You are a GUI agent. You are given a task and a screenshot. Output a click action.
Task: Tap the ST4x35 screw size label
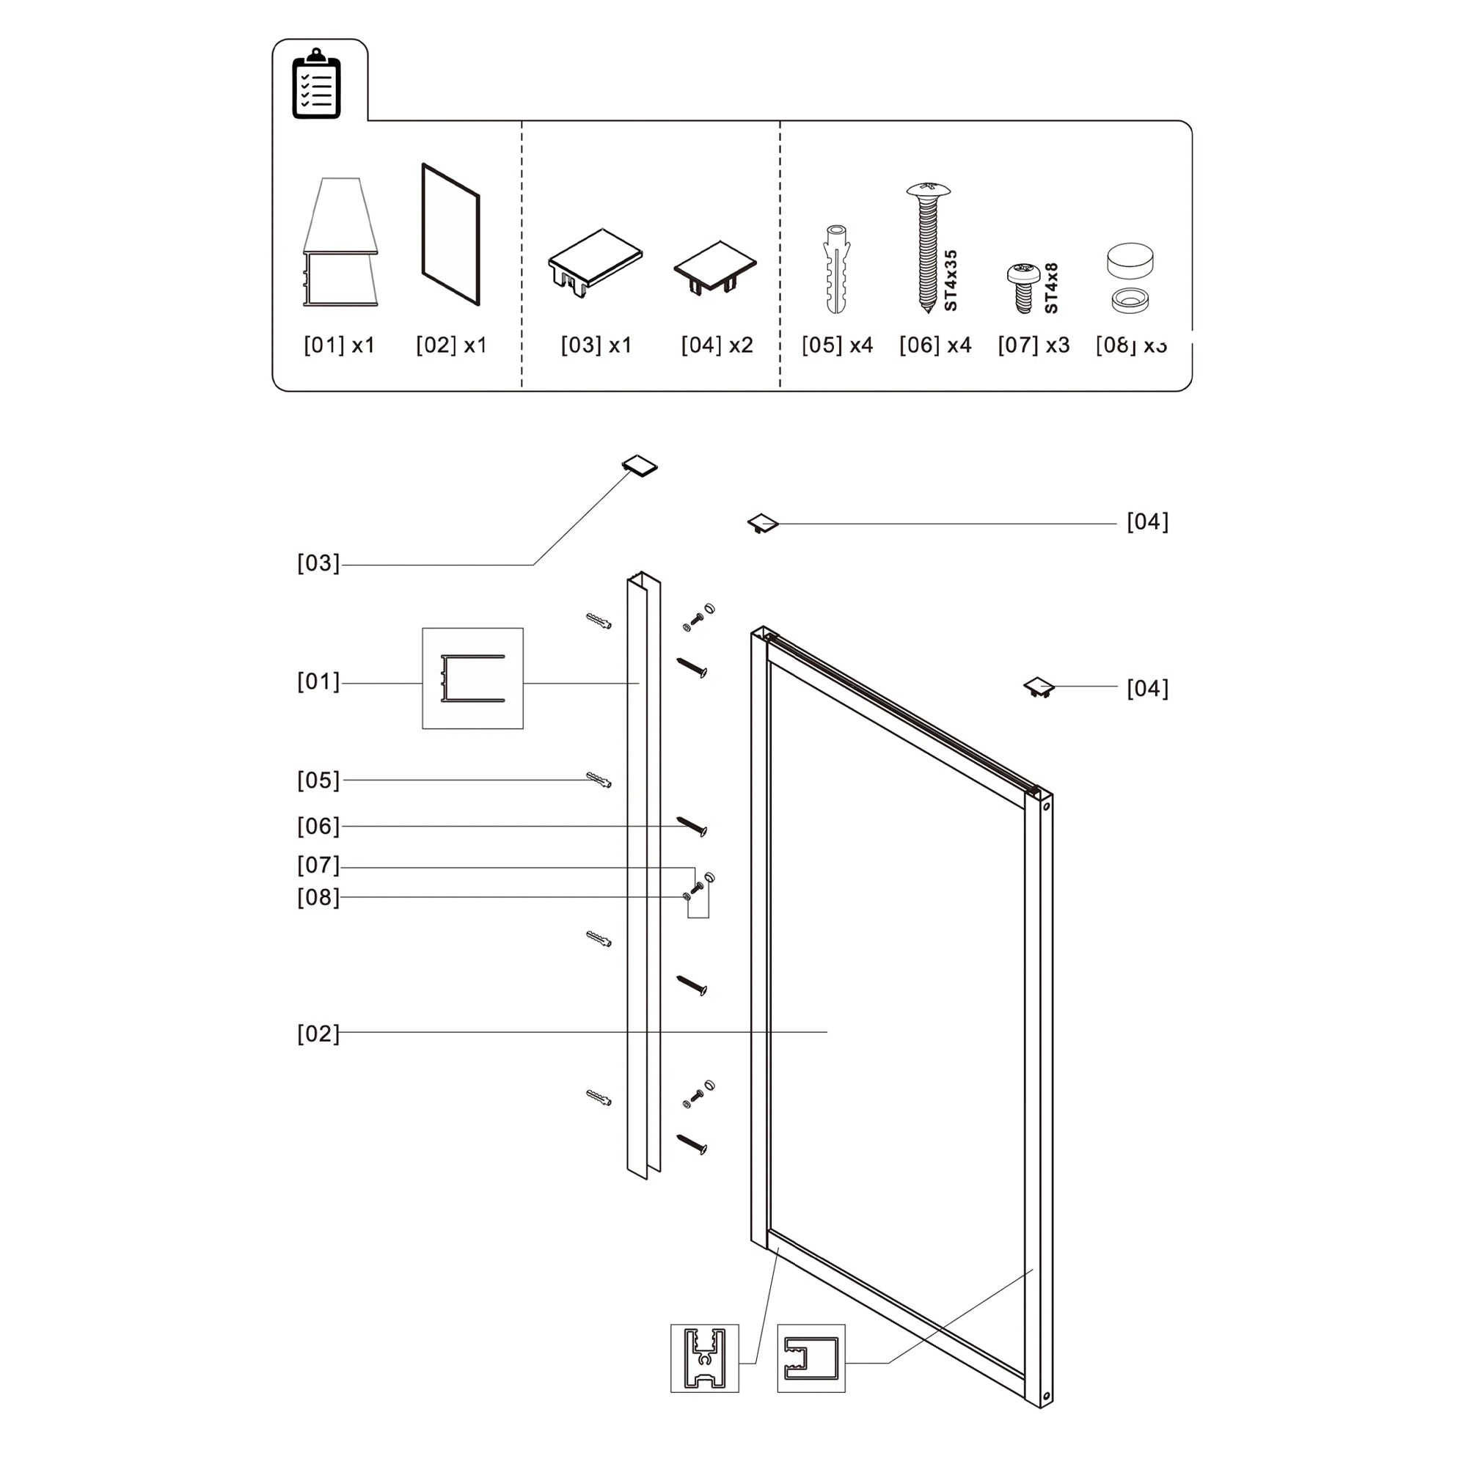(x=951, y=281)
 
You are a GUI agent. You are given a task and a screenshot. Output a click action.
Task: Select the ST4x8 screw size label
(x=1052, y=288)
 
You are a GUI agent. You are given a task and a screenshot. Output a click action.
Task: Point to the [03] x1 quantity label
(x=596, y=345)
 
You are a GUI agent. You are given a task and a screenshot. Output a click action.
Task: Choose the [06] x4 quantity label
(x=934, y=345)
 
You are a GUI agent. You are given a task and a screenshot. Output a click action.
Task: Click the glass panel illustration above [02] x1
(x=450, y=234)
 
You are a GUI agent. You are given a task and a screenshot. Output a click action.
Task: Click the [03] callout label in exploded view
(x=318, y=563)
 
